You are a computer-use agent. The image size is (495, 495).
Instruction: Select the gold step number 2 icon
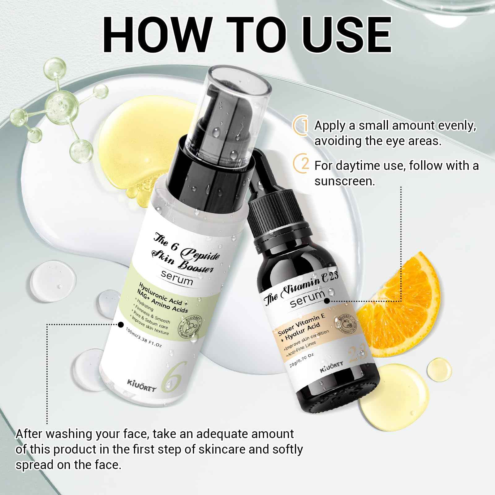click(x=301, y=165)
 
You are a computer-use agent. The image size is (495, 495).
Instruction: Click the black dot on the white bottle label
click(x=121, y=324)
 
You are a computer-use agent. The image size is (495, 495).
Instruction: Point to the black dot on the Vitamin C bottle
click(x=327, y=299)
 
